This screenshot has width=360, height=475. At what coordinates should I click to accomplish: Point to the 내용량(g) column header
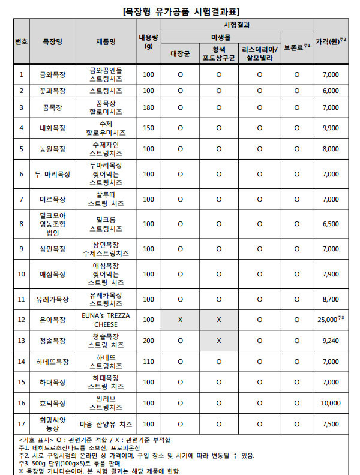(x=148, y=41)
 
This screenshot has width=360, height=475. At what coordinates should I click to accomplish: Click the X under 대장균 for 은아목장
(x=180, y=320)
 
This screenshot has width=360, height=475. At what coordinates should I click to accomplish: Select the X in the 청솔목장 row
(x=218, y=341)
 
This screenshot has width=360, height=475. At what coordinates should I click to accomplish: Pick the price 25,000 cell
(x=331, y=320)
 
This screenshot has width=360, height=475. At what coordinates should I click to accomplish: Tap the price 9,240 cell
(x=331, y=341)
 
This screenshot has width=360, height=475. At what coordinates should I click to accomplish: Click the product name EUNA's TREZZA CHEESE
(x=106, y=320)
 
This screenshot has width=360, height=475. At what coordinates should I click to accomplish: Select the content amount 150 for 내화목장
(x=148, y=128)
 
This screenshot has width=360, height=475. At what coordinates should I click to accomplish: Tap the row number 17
(x=21, y=424)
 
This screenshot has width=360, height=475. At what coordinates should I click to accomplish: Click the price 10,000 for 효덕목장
(x=331, y=403)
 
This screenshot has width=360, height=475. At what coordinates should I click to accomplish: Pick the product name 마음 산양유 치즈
(x=106, y=424)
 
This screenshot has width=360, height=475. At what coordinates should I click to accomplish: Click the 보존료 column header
(x=296, y=46)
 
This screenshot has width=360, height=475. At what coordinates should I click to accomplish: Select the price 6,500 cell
(x=331, y=224)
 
